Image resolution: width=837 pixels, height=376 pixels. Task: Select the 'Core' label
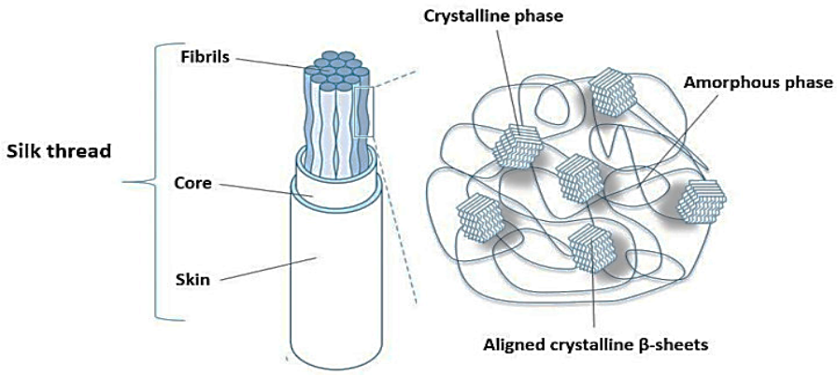point(193,183)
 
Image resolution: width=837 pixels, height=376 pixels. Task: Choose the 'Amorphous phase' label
point(758,82)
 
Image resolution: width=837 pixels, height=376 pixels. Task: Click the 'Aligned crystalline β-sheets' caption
point(596,344)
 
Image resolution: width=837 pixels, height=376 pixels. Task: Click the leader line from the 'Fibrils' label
point(271,63)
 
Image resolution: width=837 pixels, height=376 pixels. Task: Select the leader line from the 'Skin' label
point(267,266)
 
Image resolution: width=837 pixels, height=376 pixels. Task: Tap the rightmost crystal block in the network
point(701,199)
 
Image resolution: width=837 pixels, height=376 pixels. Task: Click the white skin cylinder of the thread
point(323,280)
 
